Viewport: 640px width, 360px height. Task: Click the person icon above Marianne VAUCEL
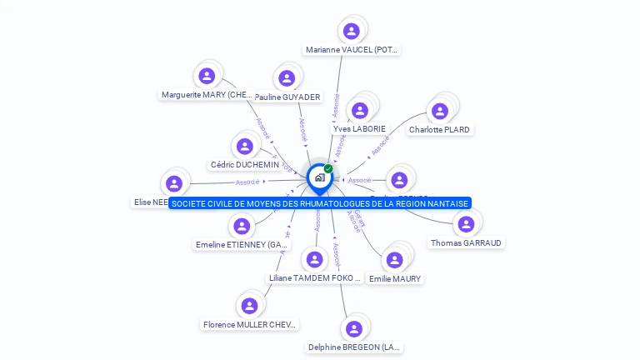click(x=352, y=31)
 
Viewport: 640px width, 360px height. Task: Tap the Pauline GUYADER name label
click(x=287, y=97)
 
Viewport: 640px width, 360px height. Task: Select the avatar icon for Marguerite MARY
click(x=207, y=76)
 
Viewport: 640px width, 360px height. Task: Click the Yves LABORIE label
click(x=359, y=128)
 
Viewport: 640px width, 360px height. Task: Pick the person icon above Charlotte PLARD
click(x=440, y=111)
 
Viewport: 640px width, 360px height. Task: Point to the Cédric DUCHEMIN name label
click(x=244, y=165)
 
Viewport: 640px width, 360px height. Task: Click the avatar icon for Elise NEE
click(x=174, y=183)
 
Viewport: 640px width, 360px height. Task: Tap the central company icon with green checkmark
click(x=319, y=177)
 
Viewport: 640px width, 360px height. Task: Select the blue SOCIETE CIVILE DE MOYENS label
click(x=320, y=203)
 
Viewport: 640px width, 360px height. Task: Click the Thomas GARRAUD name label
click(x=467, y=242)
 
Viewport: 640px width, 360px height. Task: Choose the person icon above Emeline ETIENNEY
click(x=242, y=226)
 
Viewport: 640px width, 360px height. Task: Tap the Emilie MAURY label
click(x=395, y=278)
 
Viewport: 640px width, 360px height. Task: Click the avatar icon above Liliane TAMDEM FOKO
click(x=314, y=259)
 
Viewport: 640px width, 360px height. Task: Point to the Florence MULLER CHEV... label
click(x=250, y=324)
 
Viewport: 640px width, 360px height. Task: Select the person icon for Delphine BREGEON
click(x=354, y=328)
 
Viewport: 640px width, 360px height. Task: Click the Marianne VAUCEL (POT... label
click(x=352, y=50)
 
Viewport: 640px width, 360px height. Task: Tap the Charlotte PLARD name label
click(x=439, y=130)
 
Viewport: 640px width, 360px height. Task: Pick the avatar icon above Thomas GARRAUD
click(x=466, y=223)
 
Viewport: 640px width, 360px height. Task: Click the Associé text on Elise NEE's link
click(x=247, y=182)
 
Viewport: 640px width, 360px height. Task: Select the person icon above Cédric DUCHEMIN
click(x=244, y=147)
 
